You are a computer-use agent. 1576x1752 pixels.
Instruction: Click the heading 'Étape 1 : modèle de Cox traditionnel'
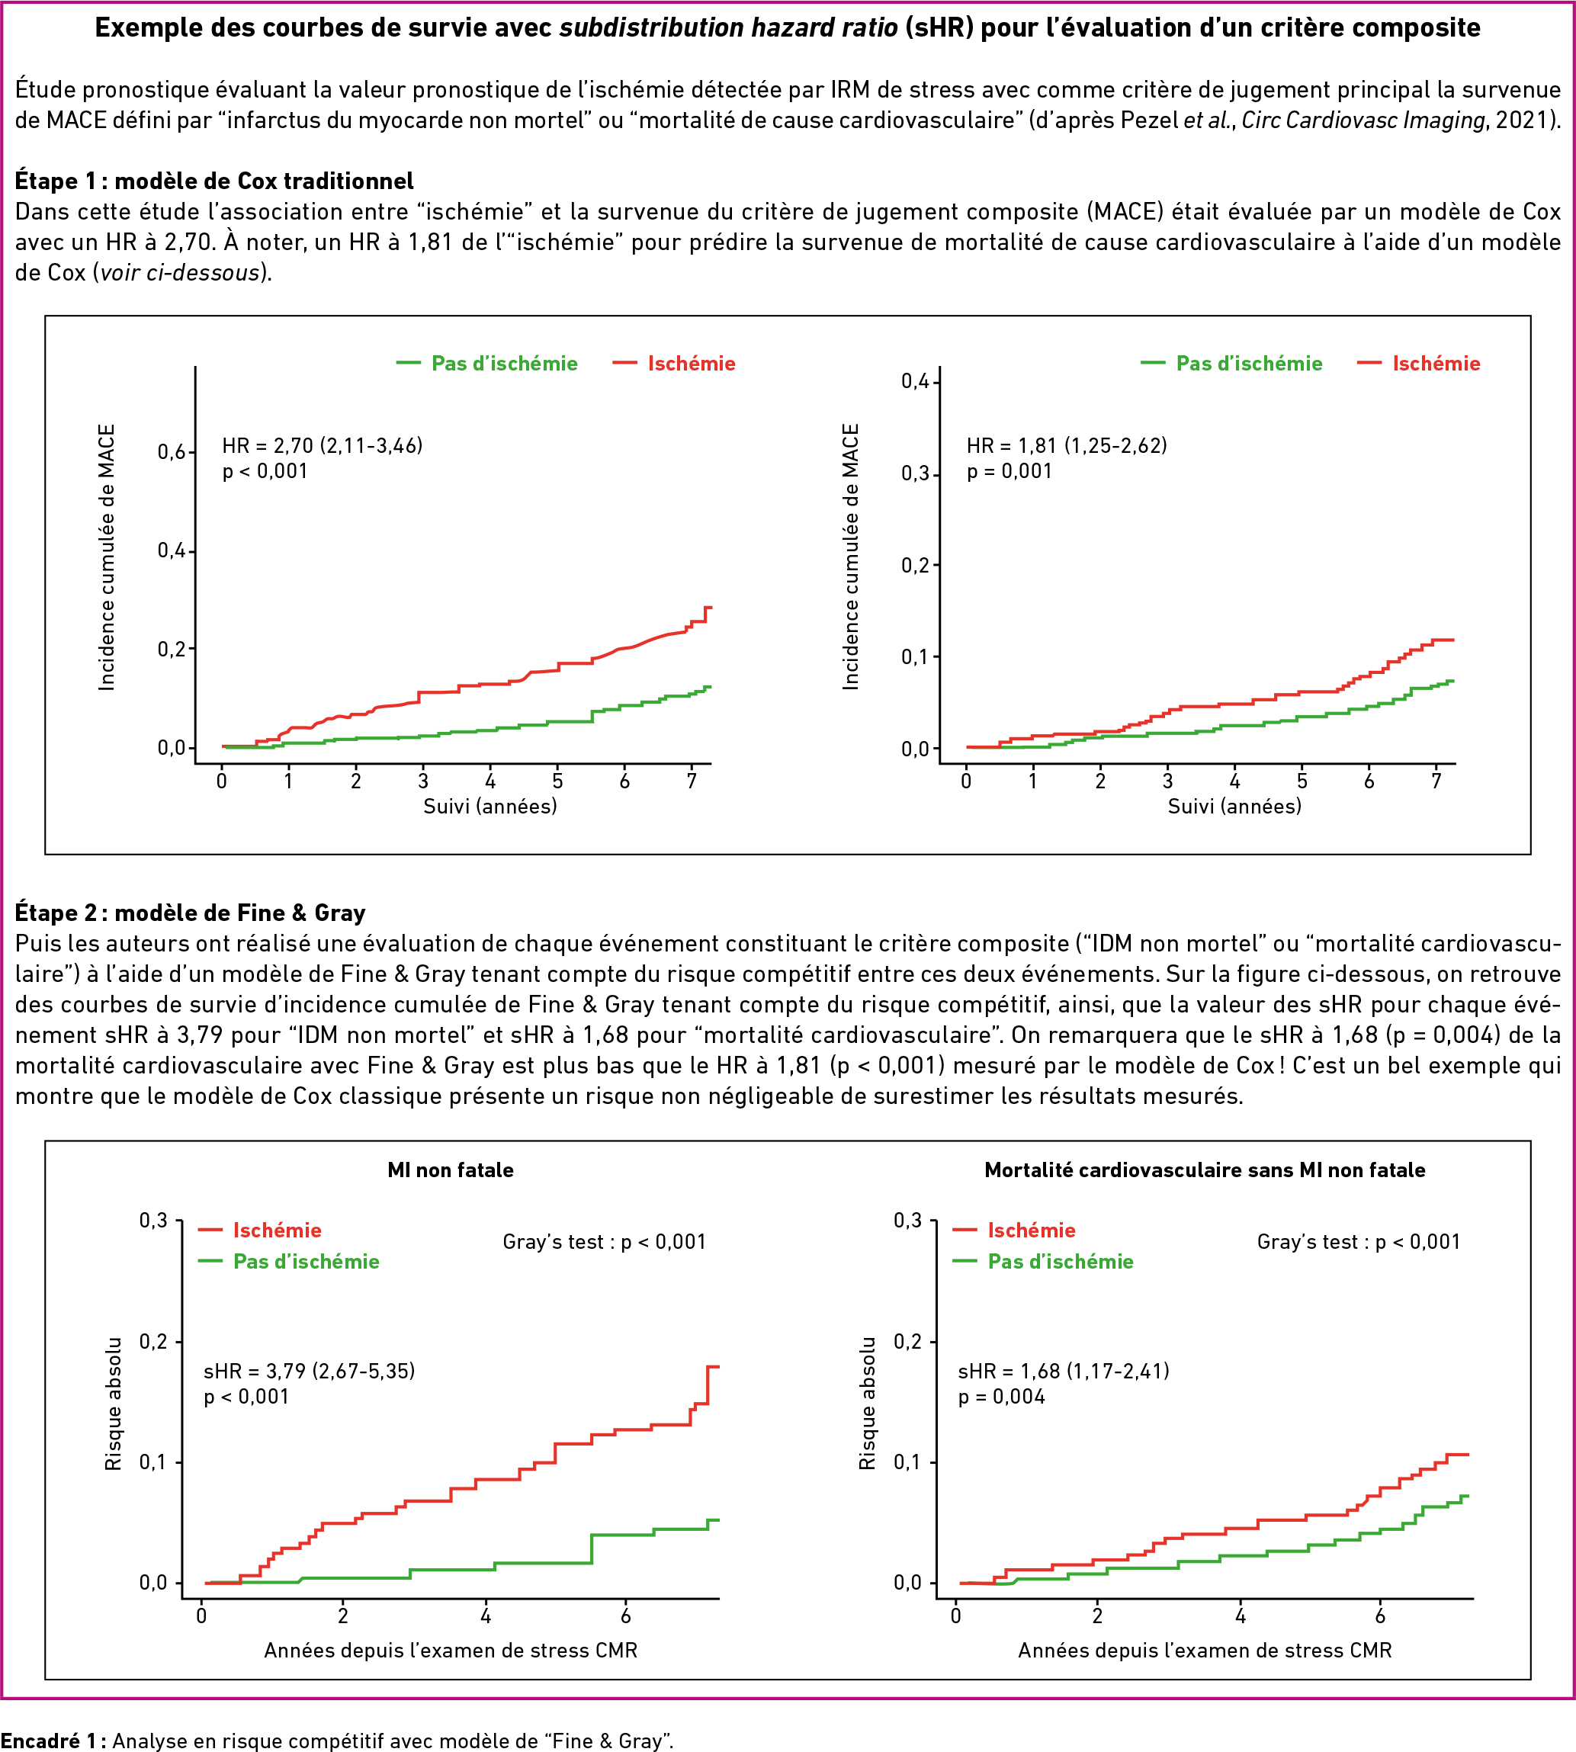(214, 181)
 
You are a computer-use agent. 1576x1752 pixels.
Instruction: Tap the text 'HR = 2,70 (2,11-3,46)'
(322, 446)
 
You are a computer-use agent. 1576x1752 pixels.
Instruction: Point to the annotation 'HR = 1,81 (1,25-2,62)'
(1067, 446)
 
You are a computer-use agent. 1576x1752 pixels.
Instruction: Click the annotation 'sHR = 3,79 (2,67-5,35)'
(309, 1371)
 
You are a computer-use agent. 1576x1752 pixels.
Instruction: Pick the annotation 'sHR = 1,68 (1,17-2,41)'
(1064, 1371)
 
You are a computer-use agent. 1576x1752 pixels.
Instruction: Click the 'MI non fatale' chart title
(451, 1170)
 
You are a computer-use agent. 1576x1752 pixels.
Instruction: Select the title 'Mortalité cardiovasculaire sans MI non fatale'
(1205, 1170)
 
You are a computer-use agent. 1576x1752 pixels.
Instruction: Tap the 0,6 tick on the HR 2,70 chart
(172, 452)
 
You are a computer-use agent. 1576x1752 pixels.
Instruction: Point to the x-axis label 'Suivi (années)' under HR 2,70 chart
(490, 807)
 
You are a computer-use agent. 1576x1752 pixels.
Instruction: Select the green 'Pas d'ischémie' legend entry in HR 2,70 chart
(486, 364)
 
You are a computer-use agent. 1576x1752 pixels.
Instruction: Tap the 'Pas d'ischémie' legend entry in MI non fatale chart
(288, 1262)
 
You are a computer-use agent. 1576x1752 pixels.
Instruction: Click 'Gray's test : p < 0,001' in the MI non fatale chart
(605, 1242)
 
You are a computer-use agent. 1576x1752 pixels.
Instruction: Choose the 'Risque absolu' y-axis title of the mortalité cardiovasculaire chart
(867, 1403)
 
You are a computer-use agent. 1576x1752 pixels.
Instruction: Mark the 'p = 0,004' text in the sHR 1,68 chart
(1001, 1397)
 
